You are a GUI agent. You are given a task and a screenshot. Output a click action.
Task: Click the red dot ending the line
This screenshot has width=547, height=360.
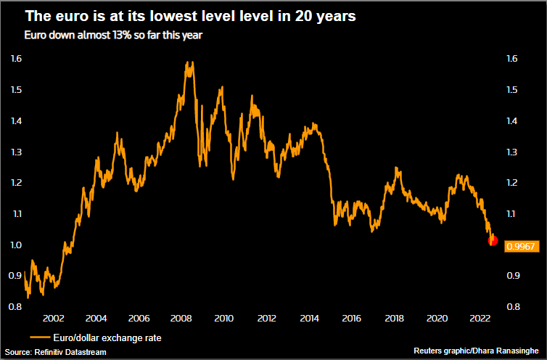tap(493, 241)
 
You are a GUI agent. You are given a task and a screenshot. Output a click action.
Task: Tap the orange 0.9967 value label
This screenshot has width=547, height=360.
tap(519, 247)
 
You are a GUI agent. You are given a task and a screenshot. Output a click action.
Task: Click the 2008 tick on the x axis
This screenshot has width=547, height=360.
tap(181, 319)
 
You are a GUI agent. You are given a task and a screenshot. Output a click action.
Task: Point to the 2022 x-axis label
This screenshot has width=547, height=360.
tap(480, 319)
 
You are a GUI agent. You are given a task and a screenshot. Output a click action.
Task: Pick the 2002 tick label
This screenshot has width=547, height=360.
tap(54, 319)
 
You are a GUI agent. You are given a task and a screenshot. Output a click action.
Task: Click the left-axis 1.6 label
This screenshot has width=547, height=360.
tap(17, 58)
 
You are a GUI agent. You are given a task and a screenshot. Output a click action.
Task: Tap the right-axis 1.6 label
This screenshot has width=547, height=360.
tap(512, 58)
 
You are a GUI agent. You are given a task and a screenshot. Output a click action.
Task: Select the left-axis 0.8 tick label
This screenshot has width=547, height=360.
tap(17, 307)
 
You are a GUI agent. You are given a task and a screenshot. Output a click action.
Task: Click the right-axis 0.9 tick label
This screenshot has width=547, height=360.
tap(512, 276)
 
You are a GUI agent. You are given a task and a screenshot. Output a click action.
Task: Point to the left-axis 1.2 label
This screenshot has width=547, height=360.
tap(17, 182)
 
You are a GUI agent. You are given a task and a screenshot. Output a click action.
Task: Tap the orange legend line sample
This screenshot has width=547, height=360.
tap(39, 337)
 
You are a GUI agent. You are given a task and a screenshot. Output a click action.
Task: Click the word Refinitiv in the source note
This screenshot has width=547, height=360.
tap(57, 352)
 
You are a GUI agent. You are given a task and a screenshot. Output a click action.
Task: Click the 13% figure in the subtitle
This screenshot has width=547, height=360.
tap(97, 34)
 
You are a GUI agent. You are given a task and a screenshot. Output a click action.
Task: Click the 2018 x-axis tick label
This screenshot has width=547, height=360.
tap(394, 319)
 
